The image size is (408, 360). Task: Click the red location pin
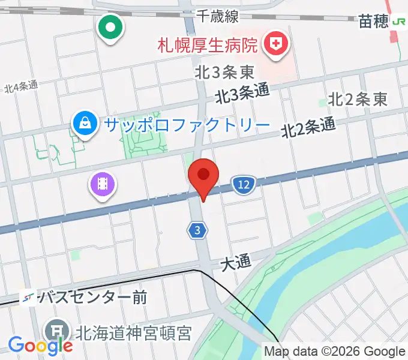[203, 176]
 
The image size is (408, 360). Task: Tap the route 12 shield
[243, 185]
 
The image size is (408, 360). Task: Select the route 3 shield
[197, 230]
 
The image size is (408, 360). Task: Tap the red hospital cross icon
[277, 44]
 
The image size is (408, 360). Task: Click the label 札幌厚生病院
[207, 44]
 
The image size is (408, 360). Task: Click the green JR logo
[400, 22]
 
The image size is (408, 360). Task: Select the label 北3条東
[224, 73]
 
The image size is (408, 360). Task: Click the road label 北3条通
[242, 94]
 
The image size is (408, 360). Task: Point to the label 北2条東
[357, 100]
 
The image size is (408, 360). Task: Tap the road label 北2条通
[307, 127]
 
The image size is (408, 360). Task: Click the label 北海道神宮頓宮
[133, 332]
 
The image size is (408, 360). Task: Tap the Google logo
[40, 346]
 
